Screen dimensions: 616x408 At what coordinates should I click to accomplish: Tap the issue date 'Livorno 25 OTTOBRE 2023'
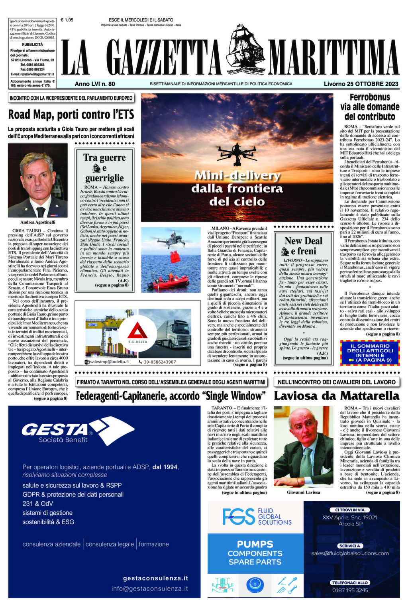(x=361, y=84)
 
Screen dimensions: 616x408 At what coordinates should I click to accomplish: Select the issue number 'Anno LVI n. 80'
(x=95, y=84)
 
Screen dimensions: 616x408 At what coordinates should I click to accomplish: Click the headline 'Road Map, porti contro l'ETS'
(x=71, y=115)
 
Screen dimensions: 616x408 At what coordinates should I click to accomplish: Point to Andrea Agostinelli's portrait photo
(x=38, y=180)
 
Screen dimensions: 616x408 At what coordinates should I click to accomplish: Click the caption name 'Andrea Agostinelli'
(x=38, y=222)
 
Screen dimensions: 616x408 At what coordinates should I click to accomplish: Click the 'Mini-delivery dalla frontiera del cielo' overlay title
(x=237, y=188)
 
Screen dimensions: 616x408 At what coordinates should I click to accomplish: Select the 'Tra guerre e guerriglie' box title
(x=104, y=167)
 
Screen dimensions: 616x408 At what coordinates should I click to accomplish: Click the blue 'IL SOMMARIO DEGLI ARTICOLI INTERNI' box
(x=369, y=352)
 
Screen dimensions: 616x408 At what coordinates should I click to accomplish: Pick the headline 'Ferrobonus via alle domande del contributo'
(x=369, y=107)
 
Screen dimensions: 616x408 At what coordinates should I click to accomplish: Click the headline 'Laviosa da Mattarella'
(x=336, y=396)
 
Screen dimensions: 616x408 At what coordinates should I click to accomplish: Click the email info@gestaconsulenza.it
(x=149, y=588)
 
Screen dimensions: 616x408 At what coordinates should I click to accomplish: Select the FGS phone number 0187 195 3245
(x=350, y=590)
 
